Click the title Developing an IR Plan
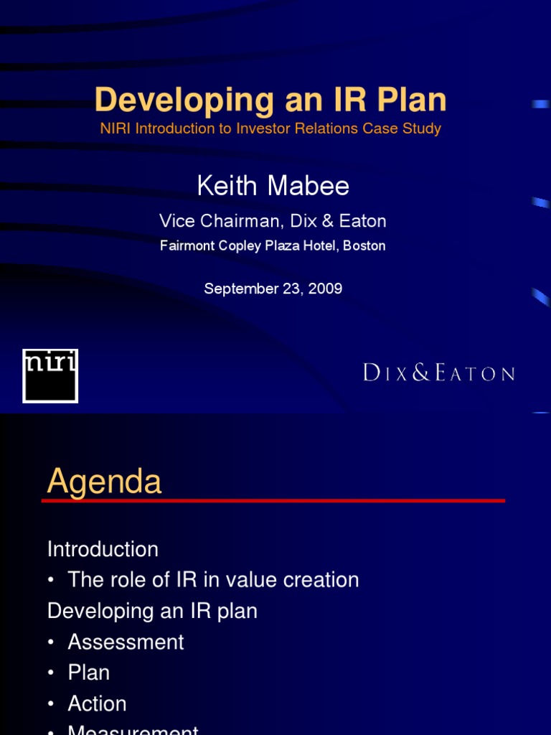click(270, 100)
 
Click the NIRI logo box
click(50, 375)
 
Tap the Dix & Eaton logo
click(438, 373)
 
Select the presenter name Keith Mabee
click(273, 186)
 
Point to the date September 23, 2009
click(273, 289)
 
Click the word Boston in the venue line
click(364, 245)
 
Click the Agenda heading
click(104, 482)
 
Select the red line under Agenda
click(273, 500)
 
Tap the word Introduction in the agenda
click(103, 549)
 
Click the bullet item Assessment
click(126, 642)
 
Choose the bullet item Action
click(97, 703)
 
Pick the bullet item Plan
click(88, 673)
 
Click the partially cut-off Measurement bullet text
click(133, 730)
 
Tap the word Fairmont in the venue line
click(186, 245)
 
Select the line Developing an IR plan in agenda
click(152, 611)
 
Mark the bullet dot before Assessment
click(52, 642)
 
